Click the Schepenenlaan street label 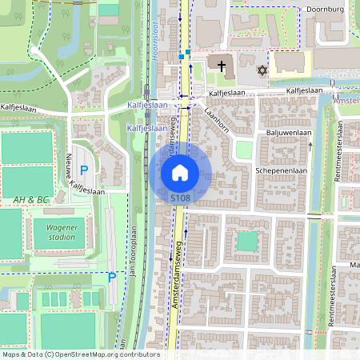click(x=282, y=171)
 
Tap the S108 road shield click(x=180, y=196)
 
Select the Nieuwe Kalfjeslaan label click(x=77, y=175)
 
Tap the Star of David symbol click(x=261, y=71)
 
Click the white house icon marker click(x=180, y=171)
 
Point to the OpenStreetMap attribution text click(x=80, y=354)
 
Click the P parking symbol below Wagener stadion click(x=112, y=278)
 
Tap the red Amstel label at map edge click(x=348, y=102)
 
